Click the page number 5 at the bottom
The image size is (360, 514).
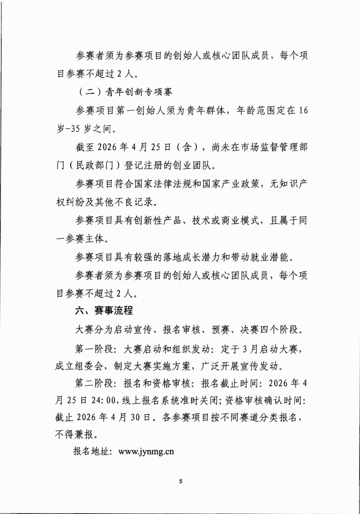pos(181,482)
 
